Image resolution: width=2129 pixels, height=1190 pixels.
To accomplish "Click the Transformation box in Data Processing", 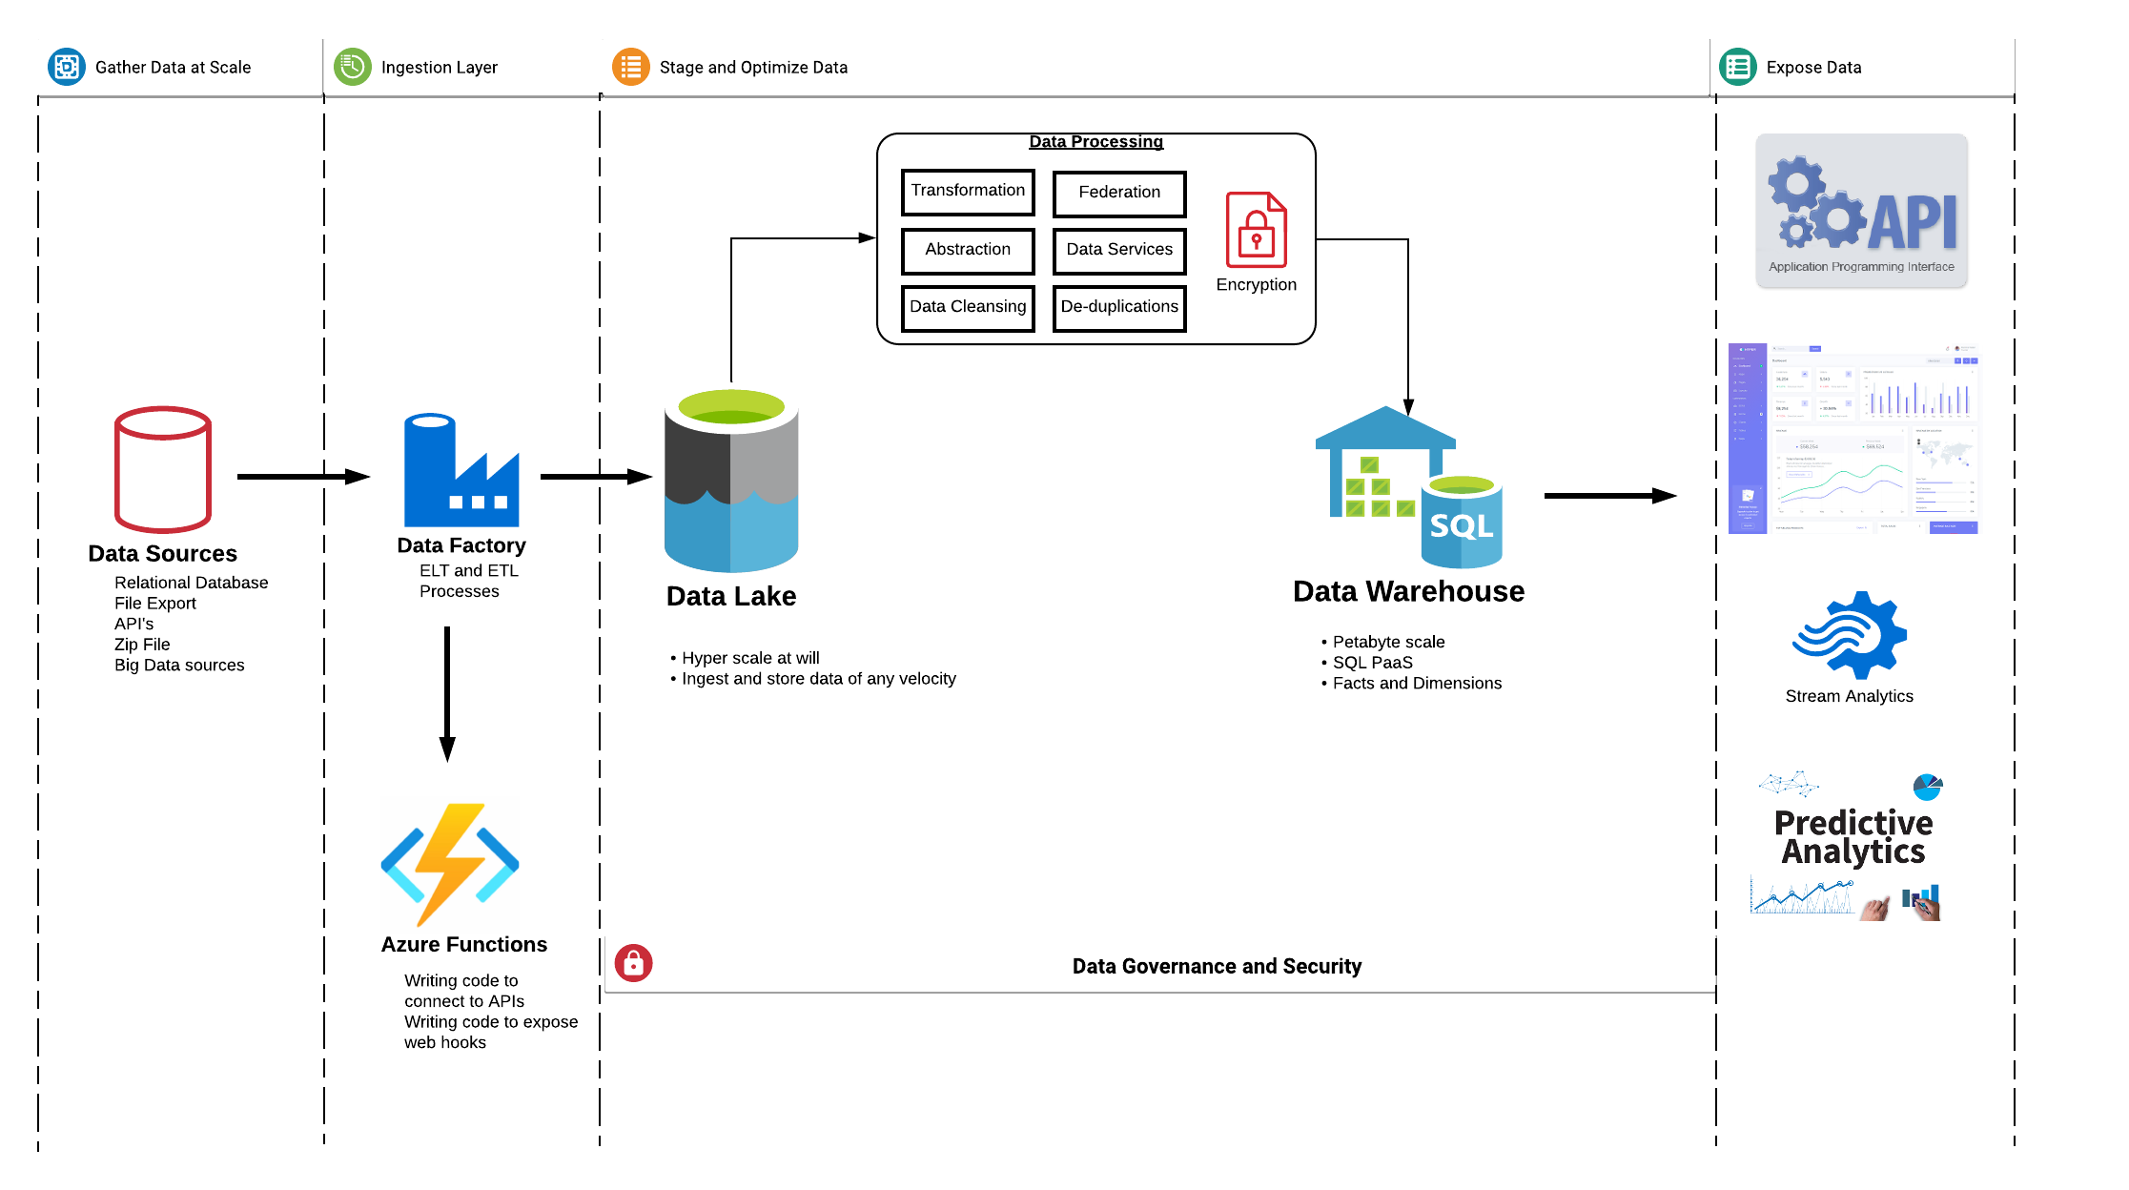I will (968, 192).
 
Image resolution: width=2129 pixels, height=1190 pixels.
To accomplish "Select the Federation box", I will (1119, 194).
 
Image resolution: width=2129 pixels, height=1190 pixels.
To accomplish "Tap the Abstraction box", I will (968, 250).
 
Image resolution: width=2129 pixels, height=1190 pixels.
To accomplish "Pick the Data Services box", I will (1119, 250).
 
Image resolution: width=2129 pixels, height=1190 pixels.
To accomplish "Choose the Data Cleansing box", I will (968, 307).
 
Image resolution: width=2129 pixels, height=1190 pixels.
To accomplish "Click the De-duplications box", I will (1119, 307).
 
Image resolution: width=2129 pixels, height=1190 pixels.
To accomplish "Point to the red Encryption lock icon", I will (1256, 231).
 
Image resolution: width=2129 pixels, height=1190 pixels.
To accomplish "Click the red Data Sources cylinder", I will (163, 469).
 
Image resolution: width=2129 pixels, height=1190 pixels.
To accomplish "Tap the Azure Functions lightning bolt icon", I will (450, 864).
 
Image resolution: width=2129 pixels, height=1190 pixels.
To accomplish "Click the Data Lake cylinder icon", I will (731, 481).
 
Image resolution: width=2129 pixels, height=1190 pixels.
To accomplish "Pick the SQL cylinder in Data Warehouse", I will (1462, 523).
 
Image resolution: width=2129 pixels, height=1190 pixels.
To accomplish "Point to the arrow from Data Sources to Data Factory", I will (302, 477).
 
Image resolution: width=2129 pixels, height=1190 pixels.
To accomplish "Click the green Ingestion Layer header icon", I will (353, 67).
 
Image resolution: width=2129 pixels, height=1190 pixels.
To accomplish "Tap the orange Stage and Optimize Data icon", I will (630, 67).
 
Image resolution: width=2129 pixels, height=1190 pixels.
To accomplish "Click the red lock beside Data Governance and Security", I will (633, 964).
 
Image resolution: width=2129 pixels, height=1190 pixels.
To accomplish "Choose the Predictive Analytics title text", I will (1853, 837).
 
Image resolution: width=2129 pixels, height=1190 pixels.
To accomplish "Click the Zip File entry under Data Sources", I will (142, 645).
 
